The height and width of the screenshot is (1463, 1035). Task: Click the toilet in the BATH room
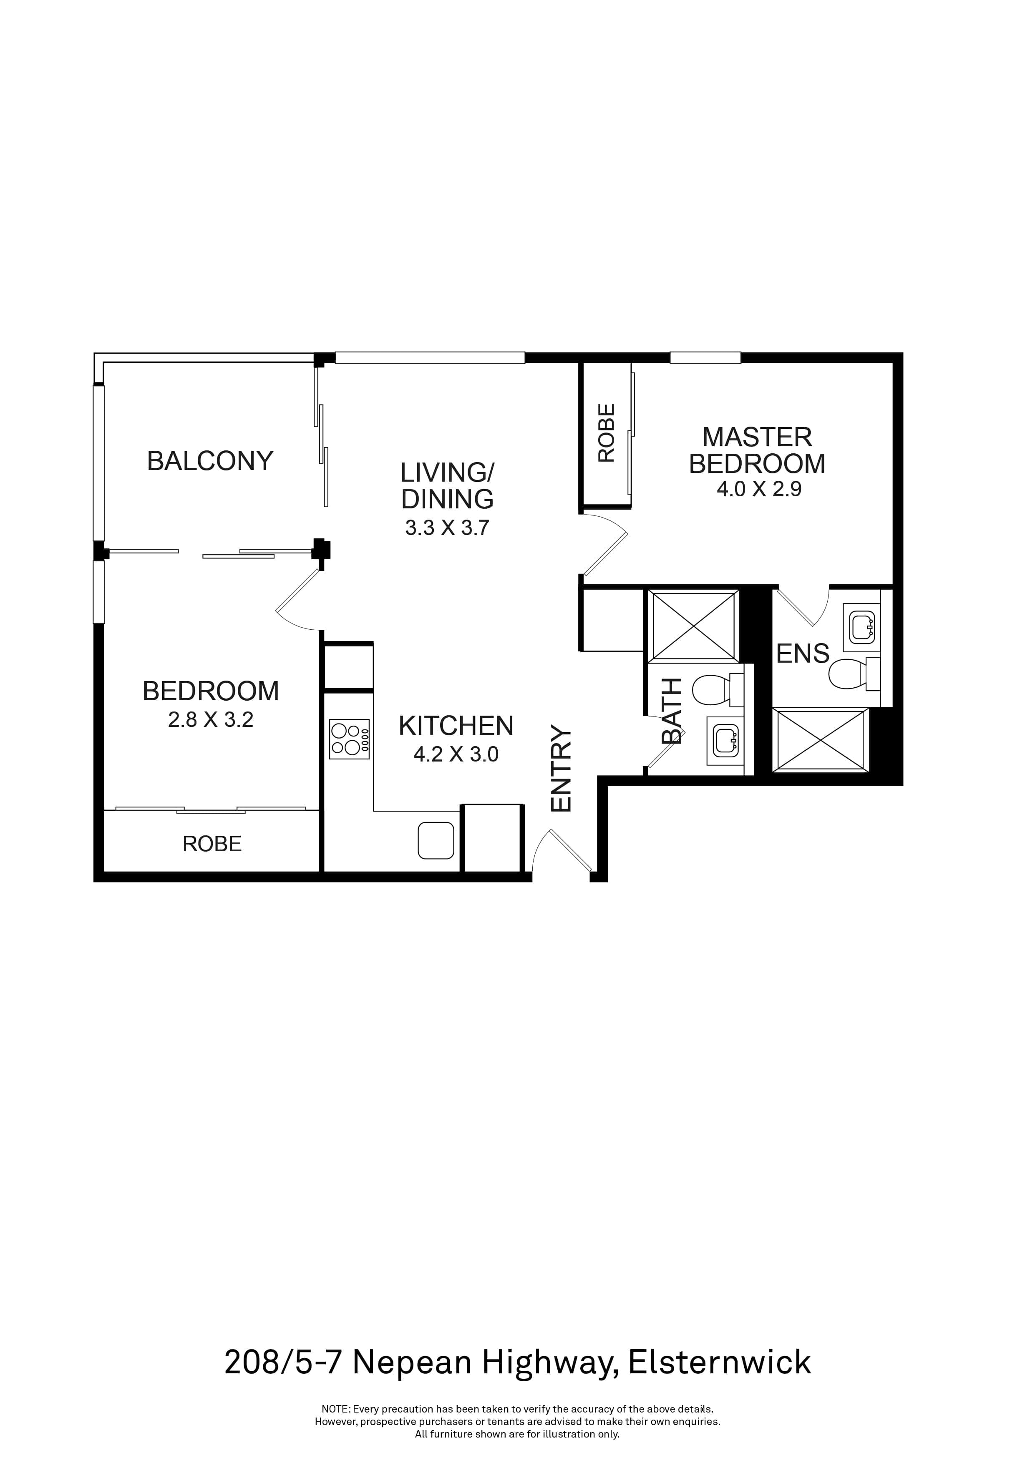pos(713,690)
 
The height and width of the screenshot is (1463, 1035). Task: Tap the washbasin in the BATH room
pos(725,741)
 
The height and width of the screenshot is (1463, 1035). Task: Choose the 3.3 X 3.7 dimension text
pos(447,528)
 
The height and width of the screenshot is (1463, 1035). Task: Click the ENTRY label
pos(562,769)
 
